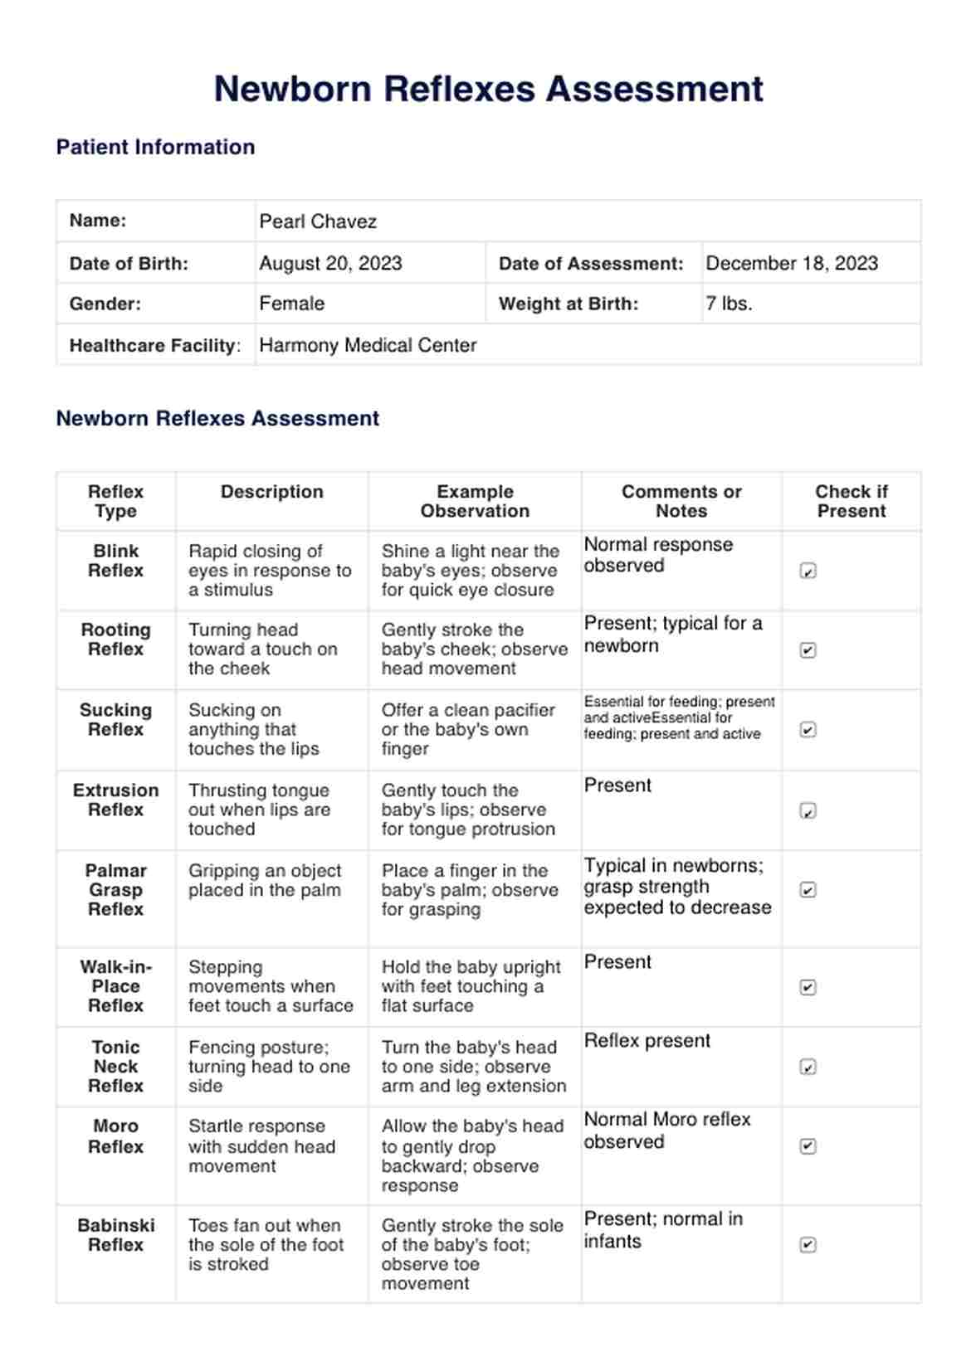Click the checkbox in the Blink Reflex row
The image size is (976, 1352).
(x=808, y=571)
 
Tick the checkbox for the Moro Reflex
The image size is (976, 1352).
(x=808, y=1146)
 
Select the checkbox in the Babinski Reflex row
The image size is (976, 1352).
(x=808, y=1244)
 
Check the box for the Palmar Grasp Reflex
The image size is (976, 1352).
(x=808, y=890)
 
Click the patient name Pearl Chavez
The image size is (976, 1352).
(x=318, y=221)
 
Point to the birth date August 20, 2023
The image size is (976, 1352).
(x=330, y=263)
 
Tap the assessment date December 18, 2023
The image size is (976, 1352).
(x=791, y=263)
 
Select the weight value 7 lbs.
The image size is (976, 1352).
(x=729, y=304)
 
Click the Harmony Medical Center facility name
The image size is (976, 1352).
(x=368, y=345)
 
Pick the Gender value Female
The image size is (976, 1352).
(x=291, y=304)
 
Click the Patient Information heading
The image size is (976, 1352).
(x=155, y=147)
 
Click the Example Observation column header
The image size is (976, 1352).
(x=475, y=501)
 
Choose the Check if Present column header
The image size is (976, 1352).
(x=851, y=501)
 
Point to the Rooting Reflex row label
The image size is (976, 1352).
(x=115, y=640)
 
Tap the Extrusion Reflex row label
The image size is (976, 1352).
(x=115, y=800)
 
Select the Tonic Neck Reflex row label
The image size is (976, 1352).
(x=115, y=1066)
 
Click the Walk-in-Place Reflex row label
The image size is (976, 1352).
(x=115, y=986)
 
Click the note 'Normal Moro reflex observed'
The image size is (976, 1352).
(x=666, y=1130)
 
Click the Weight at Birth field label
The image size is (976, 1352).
(x=569, y=304)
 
